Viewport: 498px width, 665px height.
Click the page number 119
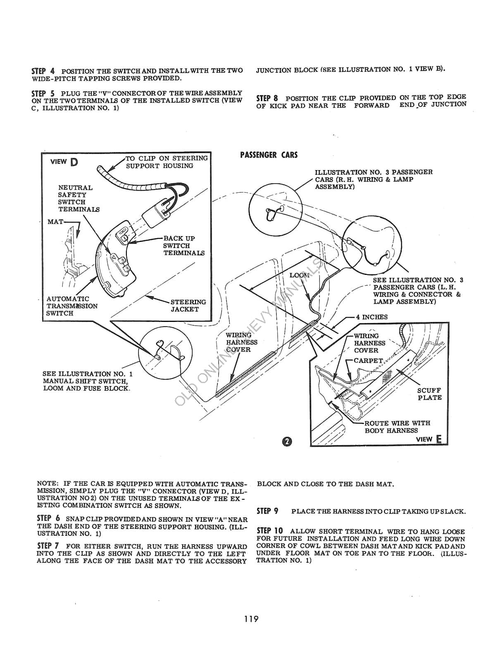251,619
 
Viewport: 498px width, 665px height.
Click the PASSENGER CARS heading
269,155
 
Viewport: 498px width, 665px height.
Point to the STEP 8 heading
267,98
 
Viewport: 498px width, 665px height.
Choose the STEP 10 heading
269,531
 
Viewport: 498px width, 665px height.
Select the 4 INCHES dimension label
372,317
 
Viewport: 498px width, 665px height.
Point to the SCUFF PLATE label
429,394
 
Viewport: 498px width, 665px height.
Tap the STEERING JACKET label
188,305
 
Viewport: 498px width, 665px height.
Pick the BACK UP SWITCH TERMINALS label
183,246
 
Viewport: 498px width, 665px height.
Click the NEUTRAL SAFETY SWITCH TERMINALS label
79,198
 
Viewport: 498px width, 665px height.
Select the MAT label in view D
55,222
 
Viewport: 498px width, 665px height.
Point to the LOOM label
299,275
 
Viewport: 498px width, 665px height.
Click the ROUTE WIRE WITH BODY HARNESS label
397,426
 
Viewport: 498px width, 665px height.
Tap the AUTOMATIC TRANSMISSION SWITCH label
72,306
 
